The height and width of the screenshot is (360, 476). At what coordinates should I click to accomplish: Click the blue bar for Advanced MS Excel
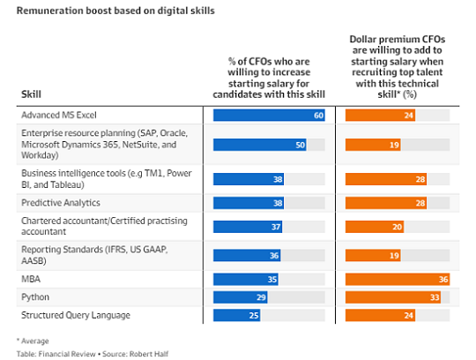(x=269, y=115)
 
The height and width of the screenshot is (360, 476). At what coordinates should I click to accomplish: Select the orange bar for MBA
(x=398, y=279)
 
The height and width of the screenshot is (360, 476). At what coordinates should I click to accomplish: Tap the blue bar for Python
(x=241, y=297)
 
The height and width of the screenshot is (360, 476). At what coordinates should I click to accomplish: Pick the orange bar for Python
(x=393, y=297)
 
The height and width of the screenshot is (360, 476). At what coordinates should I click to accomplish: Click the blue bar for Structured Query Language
(x=237, y=315)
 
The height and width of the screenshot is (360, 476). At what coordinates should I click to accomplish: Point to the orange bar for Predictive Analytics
(x=386, y=203)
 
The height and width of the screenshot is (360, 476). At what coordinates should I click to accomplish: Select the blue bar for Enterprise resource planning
(x=260, y=145)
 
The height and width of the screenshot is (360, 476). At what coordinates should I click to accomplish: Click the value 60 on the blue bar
(x=318, y=116)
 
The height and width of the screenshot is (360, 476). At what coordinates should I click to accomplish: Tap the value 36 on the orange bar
(x=443, y=280)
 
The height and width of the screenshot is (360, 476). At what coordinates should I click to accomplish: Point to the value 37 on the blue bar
(x=276, y=227)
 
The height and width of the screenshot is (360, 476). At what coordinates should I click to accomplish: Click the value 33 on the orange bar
(x=435, y=297)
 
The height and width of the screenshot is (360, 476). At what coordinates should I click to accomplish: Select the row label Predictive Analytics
(x=61, y=203)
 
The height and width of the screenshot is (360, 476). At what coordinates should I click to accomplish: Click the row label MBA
(x=31, y=279)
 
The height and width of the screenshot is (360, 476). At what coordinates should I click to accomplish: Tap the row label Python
(x=35, y=297)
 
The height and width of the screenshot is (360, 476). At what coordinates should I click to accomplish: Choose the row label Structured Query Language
(x=76, y=315)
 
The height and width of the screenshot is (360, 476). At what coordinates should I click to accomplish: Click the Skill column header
(x=31, y=94)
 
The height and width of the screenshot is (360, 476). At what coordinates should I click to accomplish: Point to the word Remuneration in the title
(x=49, y=11)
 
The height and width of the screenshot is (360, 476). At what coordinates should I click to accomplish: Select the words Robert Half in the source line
(x=149, y=354)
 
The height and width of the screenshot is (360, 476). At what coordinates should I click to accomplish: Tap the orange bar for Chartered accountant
(x=375, y=227)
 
